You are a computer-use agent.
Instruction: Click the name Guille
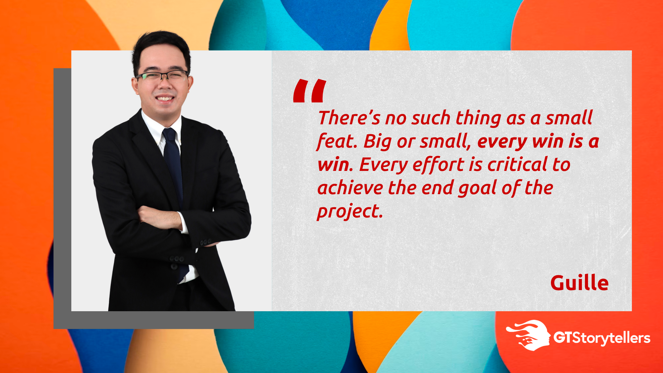coord(579,283)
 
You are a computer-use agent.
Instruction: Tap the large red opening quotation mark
coord(310,91)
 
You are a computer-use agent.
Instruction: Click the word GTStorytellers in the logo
coord(602,338)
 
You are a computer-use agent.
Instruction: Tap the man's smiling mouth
coord(165,98)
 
